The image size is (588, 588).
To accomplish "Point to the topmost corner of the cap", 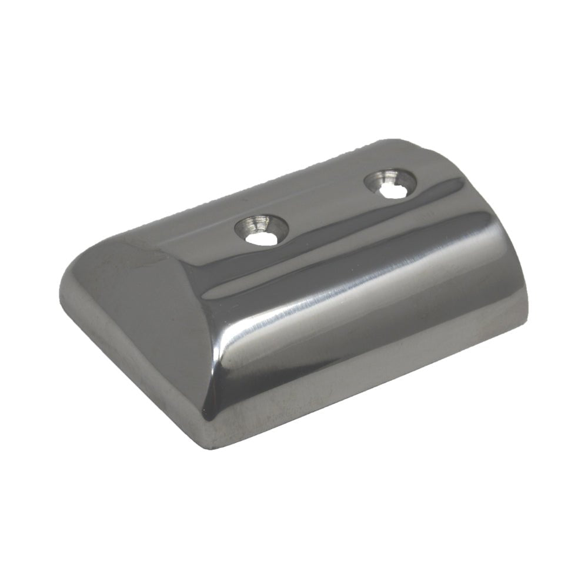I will [x=406, y=141].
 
